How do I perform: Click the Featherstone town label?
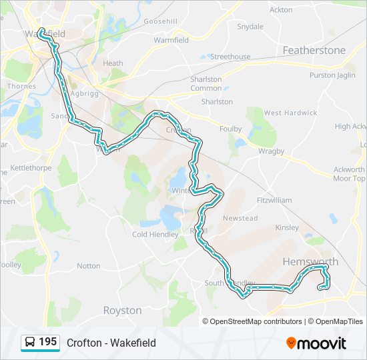(x=314, y=51)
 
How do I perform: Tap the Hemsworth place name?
(x=310, y=262)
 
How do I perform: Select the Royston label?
(x=122, y=311)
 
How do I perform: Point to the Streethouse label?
(x=230, y=57)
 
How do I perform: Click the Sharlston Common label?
(x=206, y=84)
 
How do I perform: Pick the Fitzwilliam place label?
(x=274, y=200)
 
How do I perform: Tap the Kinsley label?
(x=287, y=228)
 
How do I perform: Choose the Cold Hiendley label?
(x=155, y=235)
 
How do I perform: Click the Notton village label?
(x=89, y=266)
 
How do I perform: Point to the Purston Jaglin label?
(x=332, y=75)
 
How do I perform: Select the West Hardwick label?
(x=290, y=113)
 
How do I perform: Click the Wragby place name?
(x=272, y=152)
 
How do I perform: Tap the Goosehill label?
(x=161, y=21)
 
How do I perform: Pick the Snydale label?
(x=250, y=27)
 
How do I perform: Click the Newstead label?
(x=240, y=219)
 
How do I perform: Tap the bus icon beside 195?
(x=30, y=343)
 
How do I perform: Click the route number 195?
(x=48, y=342)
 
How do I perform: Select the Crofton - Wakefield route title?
(x=111, y=343)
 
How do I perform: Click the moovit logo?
(x=316, y=343)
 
